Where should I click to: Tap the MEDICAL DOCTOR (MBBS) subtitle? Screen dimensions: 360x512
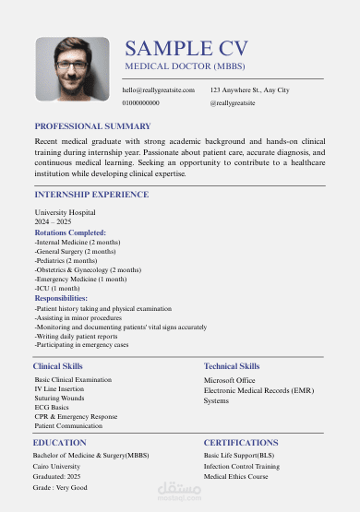[185, 67]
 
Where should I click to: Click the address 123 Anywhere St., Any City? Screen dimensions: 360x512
[249, 89]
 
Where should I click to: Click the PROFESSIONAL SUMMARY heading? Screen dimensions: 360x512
[92, 125]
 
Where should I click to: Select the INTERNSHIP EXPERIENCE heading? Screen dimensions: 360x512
[90, 195]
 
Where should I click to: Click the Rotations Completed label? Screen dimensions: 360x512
[70, 233]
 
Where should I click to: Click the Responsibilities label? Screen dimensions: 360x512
[61, 298]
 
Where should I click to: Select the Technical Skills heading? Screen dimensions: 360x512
[232, 366]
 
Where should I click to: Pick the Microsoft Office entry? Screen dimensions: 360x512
[229, 379]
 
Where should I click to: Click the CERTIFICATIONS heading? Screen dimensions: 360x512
[241, 443]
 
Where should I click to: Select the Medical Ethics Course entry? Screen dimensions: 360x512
[235, 476]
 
